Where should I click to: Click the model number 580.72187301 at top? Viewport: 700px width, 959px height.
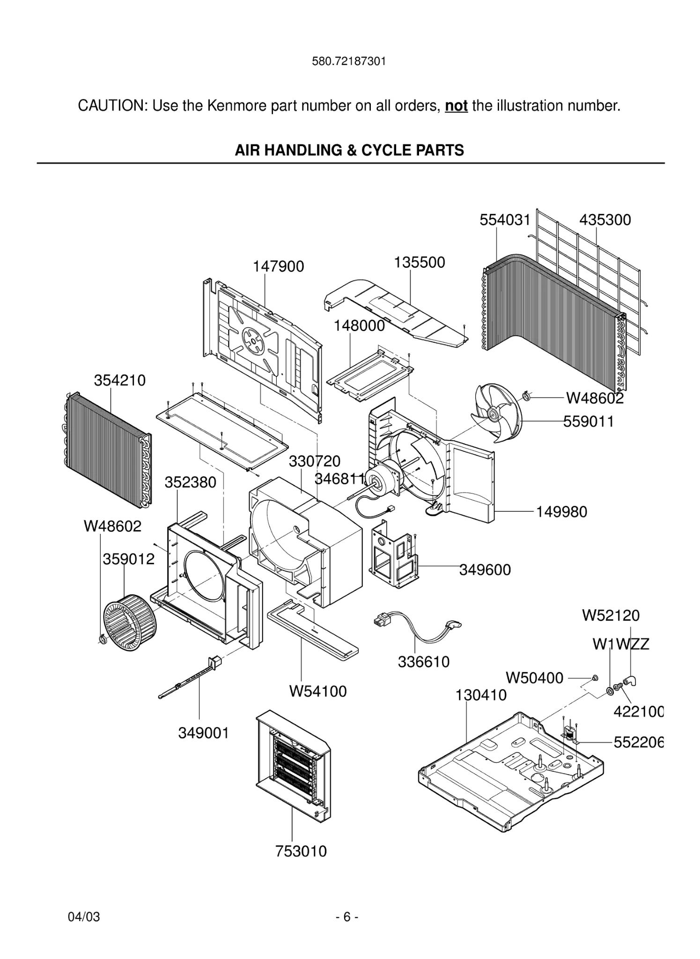tap(349, 61)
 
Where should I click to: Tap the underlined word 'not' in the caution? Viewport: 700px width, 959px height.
tap(456, 106)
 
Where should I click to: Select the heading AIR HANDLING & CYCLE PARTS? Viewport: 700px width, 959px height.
tap(349, 150)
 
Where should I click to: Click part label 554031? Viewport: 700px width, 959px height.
tap(505, 220)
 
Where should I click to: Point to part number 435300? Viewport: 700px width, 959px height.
tap(605, 220)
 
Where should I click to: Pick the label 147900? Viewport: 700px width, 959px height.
tap(278, 266)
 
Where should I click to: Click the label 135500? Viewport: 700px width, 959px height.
tap(419, 262)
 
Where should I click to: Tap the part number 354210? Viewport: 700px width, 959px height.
tap(120, 380)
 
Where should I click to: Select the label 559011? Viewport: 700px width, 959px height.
tap(588, 421)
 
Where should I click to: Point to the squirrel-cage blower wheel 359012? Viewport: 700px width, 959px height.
tap(130, 622)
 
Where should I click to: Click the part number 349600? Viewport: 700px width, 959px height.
tap(485, 570)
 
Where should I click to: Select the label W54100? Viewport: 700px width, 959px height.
tap(318, 691)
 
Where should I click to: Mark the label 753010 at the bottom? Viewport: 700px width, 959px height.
tap(301, 851)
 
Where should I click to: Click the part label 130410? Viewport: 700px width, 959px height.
tap(481, 695)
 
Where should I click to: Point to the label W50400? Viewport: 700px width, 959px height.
tap(534, 678)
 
